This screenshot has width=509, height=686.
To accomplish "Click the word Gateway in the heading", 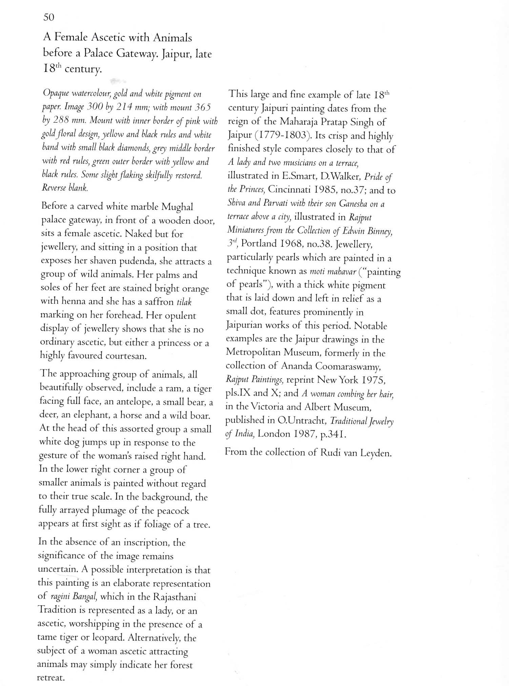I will click(136, 54).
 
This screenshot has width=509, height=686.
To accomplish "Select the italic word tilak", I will click(184, 301).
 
